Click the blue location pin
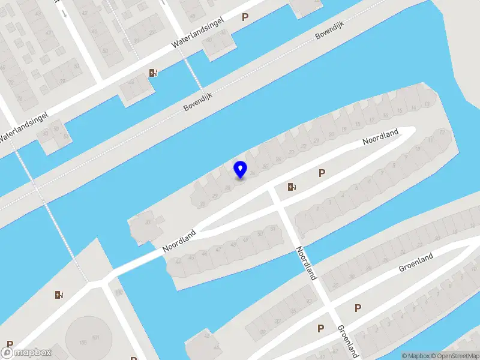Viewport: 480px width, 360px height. (241, 169)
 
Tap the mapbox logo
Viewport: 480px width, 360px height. (26, 352)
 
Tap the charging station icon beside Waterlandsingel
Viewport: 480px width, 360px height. (154, 73)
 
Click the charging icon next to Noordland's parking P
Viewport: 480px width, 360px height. (292, 187)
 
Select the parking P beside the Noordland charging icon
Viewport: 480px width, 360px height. (322, 173)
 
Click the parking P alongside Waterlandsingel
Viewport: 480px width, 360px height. (244, 17)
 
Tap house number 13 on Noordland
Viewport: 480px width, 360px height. (427, 104)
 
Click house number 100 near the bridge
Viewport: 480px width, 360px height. (119, 293)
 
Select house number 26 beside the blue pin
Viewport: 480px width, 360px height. (253, 173)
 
